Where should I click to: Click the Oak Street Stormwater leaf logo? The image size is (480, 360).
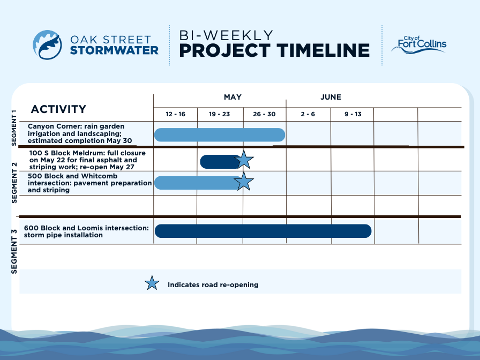point(47,44)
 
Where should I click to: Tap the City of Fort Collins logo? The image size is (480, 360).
point(419,44)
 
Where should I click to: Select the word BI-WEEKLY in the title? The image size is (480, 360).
point(226,35)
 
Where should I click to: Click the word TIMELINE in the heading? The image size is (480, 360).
point(323,50)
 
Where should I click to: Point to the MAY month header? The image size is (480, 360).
point(232,97)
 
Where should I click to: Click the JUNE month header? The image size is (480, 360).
point(331,97)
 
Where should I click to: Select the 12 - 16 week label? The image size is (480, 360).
point(175,114)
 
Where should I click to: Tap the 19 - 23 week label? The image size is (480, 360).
point(220,114)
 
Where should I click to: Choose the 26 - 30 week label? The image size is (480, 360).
point(264,114)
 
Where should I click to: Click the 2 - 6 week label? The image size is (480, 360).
point(307,114)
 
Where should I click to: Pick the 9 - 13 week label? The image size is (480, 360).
point(353,114)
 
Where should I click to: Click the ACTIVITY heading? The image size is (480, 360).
point(58,109)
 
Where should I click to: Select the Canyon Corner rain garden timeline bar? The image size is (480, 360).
point(220,135)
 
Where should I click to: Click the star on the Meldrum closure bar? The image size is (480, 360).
point(244,160)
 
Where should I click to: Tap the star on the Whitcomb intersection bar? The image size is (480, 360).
point(244,182)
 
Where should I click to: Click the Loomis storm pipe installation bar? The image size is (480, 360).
point(263,231)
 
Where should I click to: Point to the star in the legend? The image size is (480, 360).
point(152,283)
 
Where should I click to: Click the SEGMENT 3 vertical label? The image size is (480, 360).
point(14,252)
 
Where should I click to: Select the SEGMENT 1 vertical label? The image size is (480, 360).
point(14,127)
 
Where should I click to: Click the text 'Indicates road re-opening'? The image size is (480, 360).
point(213,284)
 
